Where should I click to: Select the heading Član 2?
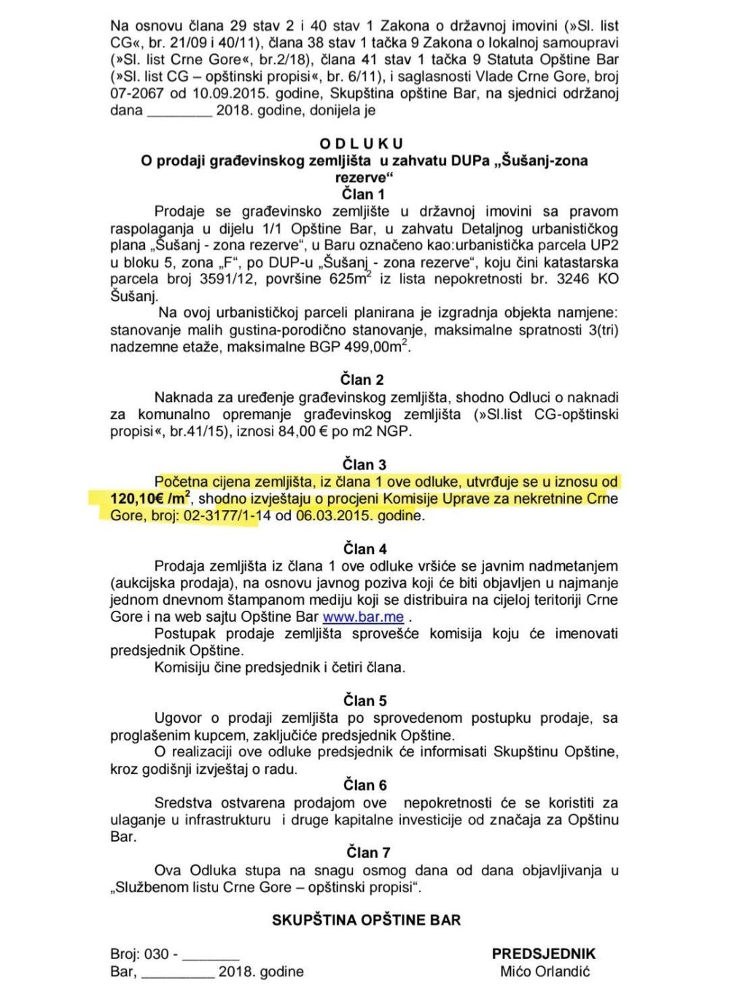coord(362,380)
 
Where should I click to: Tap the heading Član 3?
coord(364,465)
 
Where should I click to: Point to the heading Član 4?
coord(364,549)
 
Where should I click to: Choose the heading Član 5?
coord(364,701)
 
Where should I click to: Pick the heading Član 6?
coord(364,785)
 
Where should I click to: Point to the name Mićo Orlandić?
coord(545,971)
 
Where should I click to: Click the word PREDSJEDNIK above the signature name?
coord(544,954)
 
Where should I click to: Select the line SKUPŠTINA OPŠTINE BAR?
coord(366,920)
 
